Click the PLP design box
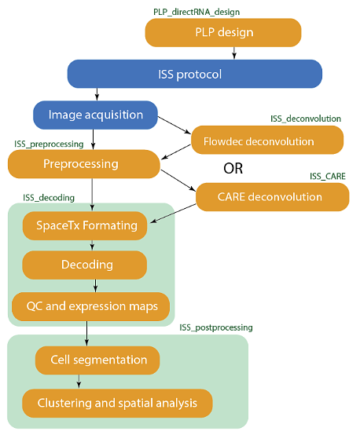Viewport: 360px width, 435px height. tap(223, 32)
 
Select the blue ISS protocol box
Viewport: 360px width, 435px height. tap(195, 74)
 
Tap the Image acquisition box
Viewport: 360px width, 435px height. tap(95, 115)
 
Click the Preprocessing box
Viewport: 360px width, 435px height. tap(84, 164)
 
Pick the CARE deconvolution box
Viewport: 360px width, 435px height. tap(272, 197)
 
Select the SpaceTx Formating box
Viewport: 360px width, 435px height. tap(85, 226)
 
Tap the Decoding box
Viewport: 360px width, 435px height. tap(84, 265)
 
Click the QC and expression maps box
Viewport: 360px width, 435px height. tap(90, 306)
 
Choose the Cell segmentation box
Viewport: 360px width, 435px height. tap(97, 360)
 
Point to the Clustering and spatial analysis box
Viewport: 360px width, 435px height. tap(117, 403)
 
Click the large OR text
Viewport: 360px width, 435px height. tap(233, 168)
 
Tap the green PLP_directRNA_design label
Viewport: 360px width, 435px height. tap(197, 13)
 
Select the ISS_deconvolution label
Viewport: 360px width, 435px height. tap(306, 119)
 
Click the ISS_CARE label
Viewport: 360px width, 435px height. tap(328, 176)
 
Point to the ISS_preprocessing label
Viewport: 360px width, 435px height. tap(49, 144)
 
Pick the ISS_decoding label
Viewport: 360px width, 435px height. tap(49, 198)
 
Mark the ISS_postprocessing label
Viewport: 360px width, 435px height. tap(216, 327)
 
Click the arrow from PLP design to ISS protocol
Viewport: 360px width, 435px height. tap(234, 53)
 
